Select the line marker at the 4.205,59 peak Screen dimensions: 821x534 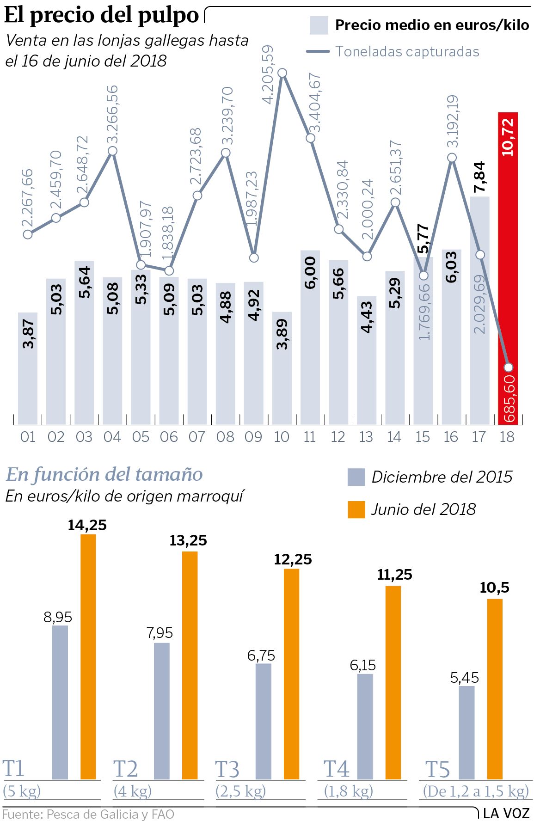(282, 73)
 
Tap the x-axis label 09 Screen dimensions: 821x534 (253, 437)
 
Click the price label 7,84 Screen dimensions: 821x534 (480, 177)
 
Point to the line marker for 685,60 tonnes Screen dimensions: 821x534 (509, 368)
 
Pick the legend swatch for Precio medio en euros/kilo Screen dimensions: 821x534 (319, 25)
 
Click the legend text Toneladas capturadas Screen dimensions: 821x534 (407, 51)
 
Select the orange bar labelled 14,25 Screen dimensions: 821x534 (88, 656)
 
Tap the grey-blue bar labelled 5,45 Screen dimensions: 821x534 (466, 733)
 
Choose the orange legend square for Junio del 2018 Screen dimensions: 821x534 (356, 509)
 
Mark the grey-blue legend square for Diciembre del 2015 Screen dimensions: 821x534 (356, 477)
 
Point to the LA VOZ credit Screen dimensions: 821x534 (506, 813)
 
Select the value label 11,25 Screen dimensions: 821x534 (394, 575)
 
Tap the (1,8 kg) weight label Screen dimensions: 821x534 (348, 791)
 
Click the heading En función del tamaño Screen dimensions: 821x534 (104, 474)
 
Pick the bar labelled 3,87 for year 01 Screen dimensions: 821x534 (28, 368)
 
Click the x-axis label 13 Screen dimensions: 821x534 (366, 437)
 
